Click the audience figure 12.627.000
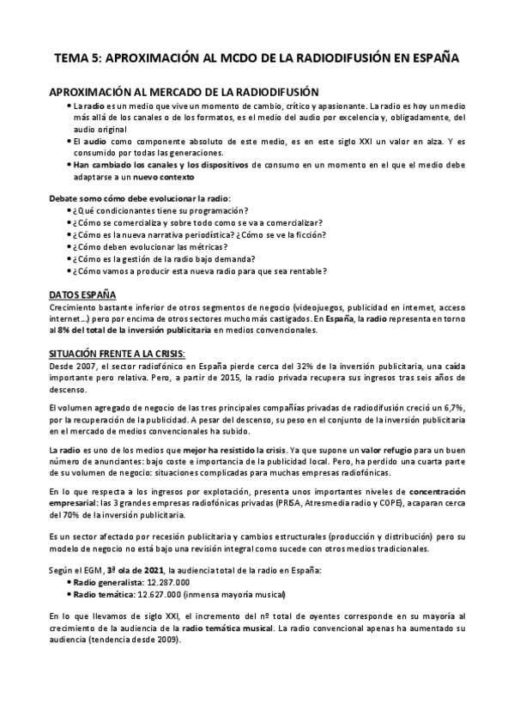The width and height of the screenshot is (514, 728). [x=160, y=594]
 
